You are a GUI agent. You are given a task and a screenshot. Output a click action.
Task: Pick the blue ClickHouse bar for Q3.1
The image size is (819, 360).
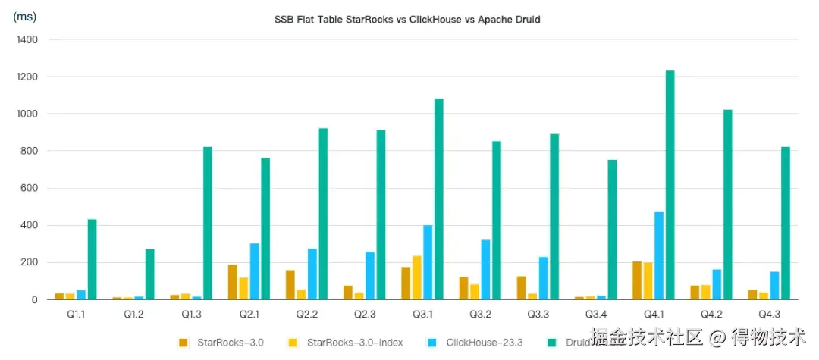pos(428,262)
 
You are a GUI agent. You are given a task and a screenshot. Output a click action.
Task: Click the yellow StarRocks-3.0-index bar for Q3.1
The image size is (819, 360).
pos(416,277)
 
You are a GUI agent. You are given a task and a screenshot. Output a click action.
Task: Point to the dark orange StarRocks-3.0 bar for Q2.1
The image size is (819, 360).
pos(232,282)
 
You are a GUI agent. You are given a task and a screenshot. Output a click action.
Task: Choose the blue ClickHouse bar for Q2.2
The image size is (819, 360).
pos(312,274)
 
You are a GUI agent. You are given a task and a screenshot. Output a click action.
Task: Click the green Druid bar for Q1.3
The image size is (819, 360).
pos(208,223)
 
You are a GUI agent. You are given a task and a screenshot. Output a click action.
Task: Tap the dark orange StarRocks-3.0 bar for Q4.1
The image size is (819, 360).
pos(637,280)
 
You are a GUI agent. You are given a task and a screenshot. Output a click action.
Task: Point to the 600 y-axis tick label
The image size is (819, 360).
pos(30,188)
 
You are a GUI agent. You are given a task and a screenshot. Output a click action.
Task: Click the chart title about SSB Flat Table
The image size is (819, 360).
pos(407,20)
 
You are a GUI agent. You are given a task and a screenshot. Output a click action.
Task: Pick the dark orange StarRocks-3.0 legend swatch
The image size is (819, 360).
pos(184,343)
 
